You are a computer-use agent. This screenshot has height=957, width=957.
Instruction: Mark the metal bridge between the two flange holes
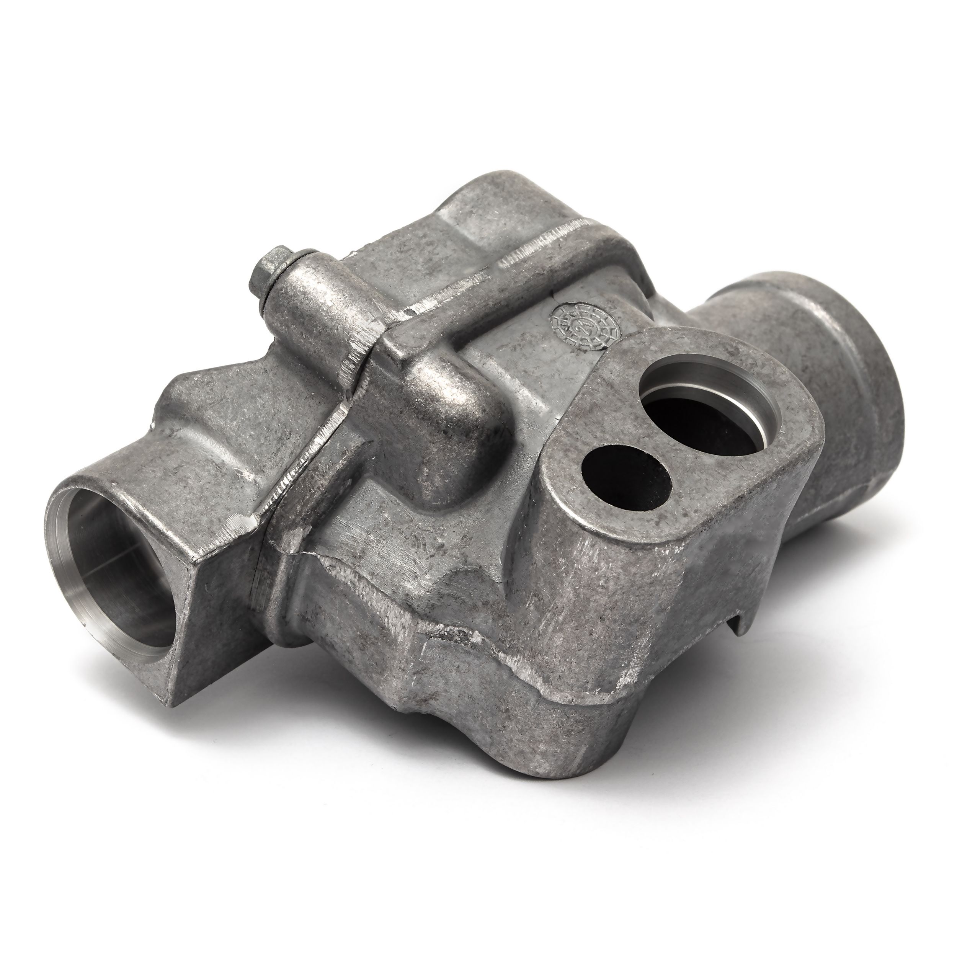point(659,441)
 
